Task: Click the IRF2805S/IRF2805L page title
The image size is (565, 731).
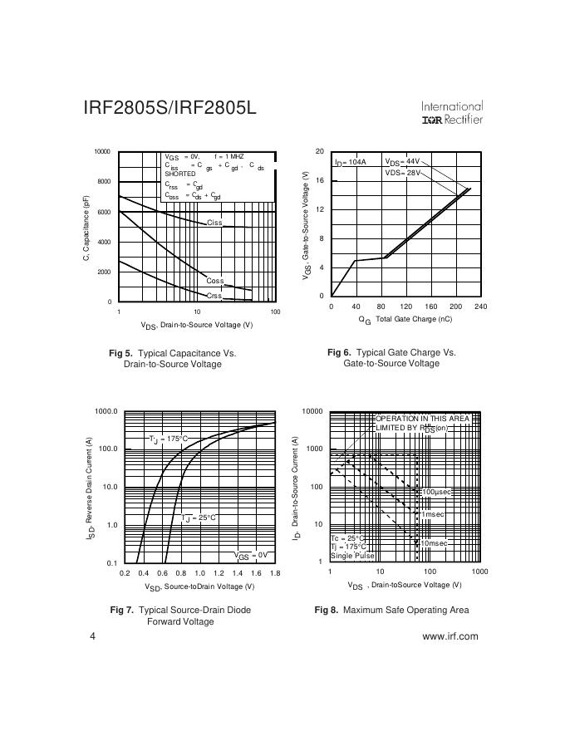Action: click(169, 110)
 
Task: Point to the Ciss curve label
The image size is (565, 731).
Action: click(214, 223)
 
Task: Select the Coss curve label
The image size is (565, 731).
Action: click(215, 281)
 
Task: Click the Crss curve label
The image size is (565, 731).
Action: click(214, 296)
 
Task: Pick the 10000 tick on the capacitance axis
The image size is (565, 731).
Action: click(102, 152)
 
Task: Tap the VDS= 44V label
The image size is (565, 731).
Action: click(403, 162)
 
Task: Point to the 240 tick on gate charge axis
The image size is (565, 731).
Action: click(480, 307)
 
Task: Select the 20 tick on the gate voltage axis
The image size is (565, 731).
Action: click(320, 151)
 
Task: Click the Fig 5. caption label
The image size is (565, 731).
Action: click(120, 353)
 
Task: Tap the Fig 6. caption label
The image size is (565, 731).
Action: click(341, 352)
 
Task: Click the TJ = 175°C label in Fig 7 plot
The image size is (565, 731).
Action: click(168, 439)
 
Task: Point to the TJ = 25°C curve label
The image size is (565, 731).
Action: click(199, 518)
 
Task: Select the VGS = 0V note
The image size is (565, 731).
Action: click(250, 555)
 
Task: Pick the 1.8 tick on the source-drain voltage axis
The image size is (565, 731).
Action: click(275, 573)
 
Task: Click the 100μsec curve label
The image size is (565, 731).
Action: click(435, 493)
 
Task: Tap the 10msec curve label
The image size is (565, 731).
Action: click(434, 543)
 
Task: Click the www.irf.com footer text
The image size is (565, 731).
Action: click(450, 636)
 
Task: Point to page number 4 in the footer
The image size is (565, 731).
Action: click(92, 636)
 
